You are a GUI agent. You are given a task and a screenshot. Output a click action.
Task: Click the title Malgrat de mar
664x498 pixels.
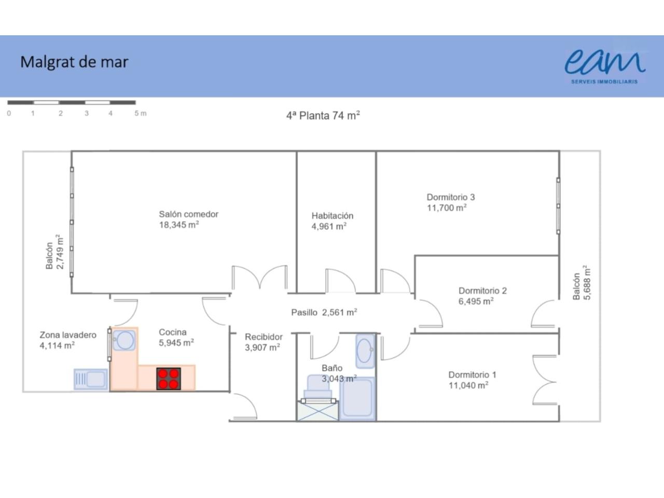[x=74, y=62]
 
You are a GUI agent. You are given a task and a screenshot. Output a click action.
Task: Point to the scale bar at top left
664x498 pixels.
[x=72, y=103]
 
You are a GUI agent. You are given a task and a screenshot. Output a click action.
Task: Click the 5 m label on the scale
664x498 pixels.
[x=141, y=114]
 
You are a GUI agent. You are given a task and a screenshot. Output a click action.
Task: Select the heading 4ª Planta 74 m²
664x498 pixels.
[x=323, y=116]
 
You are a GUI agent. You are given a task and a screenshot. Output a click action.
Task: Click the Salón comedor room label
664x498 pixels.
[x=188, y=214]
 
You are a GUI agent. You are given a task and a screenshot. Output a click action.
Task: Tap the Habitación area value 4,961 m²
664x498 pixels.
[x=329, y=227]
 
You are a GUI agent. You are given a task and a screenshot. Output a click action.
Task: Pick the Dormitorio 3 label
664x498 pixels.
[x=451, y=197]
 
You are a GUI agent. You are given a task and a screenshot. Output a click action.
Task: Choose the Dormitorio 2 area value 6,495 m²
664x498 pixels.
[x=476, y=301]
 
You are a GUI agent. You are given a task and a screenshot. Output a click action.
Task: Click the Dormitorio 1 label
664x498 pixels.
[x=472, y=375]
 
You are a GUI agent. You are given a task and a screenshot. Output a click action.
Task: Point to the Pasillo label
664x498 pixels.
[x=304, y=312]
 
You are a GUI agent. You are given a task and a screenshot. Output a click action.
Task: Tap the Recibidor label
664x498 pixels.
[x=264, y=337]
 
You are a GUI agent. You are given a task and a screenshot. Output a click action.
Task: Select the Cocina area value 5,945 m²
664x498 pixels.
[x=176, y=343]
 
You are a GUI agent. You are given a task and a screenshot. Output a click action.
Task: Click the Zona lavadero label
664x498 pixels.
[x=68, y=335]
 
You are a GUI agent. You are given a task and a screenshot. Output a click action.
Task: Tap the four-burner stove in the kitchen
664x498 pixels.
[x=169, y=379]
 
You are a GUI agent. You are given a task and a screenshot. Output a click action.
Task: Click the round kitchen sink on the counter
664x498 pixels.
[x=125, y=340]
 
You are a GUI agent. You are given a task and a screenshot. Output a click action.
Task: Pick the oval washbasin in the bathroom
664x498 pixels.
[x=365, y=351]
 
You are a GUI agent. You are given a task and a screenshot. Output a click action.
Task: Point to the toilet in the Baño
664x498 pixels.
[x=317, y=388]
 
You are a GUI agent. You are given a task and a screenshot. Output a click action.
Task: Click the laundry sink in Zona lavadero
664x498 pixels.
[x=91, y=379]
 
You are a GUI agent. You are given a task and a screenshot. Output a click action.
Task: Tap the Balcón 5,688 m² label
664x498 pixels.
[x=582, y=283]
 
